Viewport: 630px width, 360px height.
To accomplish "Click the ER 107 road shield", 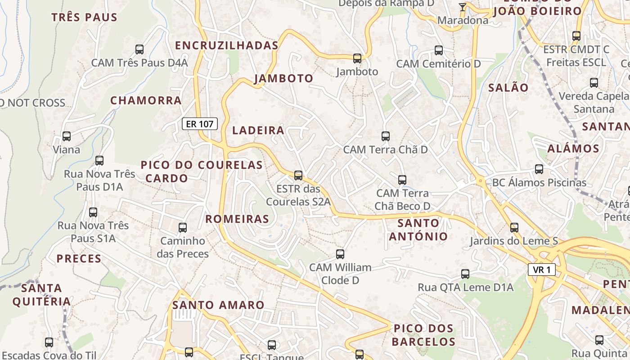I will [200, 124].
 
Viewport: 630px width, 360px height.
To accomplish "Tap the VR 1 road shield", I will [541, 270].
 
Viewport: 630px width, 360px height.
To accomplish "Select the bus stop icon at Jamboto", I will [357, 58].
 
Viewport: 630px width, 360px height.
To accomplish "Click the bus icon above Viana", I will [67, 136].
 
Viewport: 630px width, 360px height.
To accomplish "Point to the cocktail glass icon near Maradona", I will [462, 7].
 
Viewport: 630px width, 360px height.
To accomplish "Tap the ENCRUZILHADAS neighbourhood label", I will [227, 45].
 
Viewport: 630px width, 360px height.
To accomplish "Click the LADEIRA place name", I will [258, 130].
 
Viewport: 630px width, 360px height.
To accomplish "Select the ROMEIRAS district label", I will [237, 219].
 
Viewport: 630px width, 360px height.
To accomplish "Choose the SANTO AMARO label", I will [218, 305].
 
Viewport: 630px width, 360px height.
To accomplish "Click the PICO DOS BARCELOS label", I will [423, 335].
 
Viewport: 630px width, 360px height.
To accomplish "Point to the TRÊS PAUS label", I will [84, 18].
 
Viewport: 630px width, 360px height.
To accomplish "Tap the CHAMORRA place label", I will [146, 100].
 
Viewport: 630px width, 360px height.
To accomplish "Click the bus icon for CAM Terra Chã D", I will [385, 136].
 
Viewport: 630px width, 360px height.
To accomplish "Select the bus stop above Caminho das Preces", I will [183, 228].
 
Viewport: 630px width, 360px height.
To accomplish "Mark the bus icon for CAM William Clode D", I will [340, 254].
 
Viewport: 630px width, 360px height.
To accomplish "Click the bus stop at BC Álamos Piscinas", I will [539, 169].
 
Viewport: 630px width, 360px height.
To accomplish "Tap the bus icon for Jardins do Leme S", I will [514, 228].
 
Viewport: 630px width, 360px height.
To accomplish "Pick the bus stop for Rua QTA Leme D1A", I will [465, 274].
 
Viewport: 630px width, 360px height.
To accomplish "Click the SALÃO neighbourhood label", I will [508, 88].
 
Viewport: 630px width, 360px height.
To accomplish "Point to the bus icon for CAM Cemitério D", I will [439, 50].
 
